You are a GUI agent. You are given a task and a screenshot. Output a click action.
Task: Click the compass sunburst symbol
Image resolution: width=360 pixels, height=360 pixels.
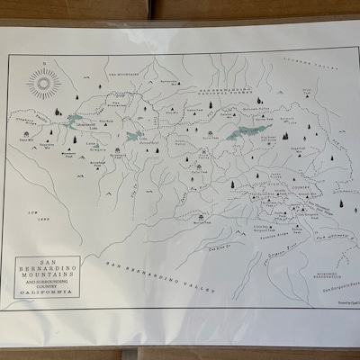(x=42, y=85)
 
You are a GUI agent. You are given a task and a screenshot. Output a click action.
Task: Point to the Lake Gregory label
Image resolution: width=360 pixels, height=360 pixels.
(x=93, y=148)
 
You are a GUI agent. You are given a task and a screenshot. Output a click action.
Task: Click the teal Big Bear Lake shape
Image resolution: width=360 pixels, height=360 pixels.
(x=245, y=132)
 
